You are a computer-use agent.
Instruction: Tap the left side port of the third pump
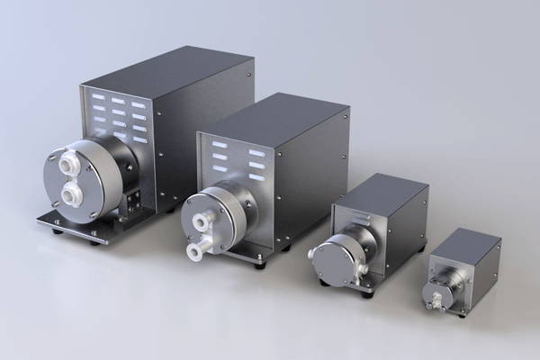coord(312,254)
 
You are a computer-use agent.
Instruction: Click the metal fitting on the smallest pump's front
coord(437,293)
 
